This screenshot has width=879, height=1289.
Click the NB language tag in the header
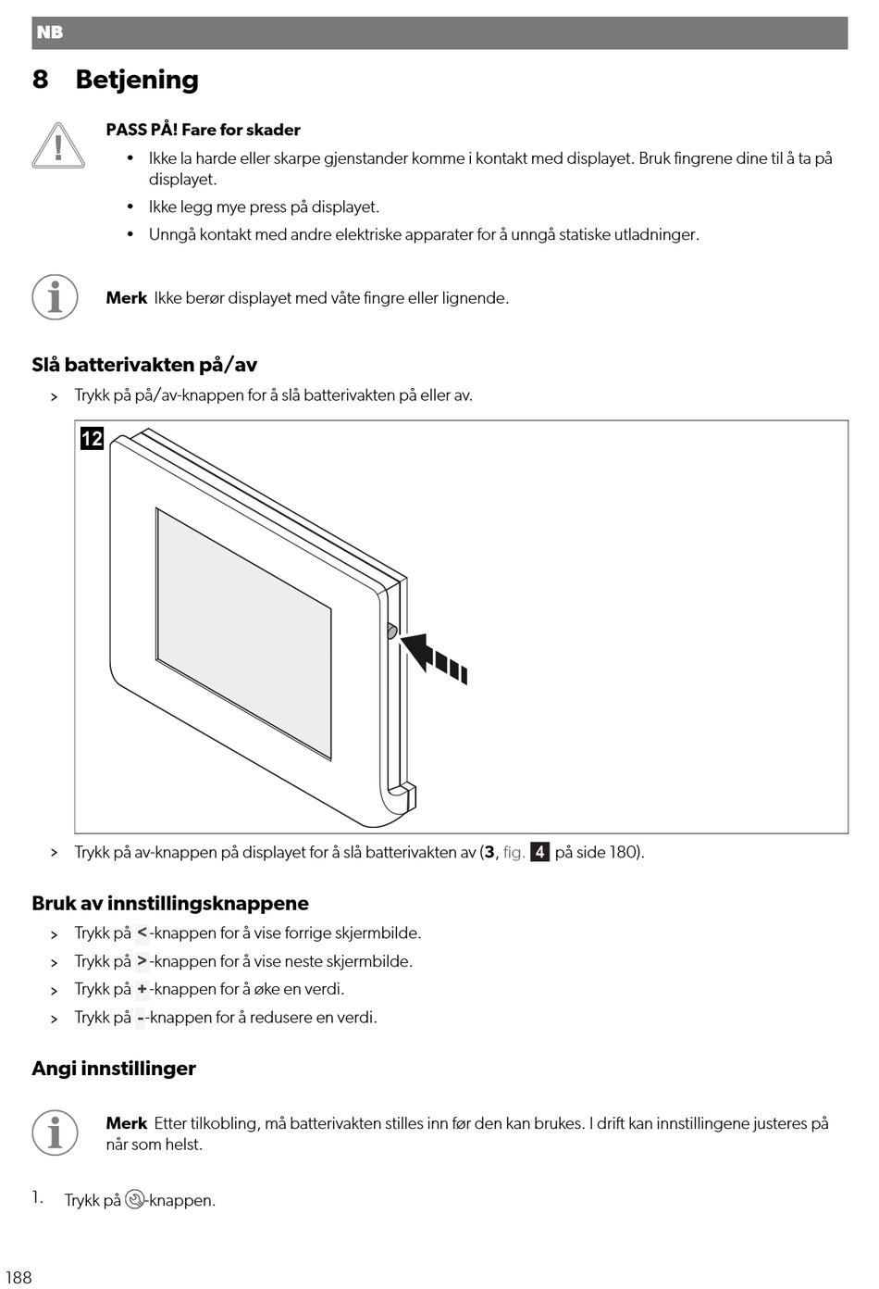click(x=49, y=32)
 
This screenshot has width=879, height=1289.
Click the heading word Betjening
click(x=137, y=80)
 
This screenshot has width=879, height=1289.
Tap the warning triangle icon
click(x=57, y=147)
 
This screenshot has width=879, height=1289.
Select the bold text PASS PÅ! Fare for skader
click(x=203, y=130)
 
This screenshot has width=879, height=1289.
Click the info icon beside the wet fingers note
click(x=55, y=297)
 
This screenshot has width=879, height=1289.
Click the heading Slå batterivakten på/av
click(x=144, y=365)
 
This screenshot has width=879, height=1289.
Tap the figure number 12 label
click(x=92, y=438)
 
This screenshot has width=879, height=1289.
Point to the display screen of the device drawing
click(x=243, y=632)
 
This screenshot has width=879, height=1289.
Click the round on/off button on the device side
click(x=390, y=632)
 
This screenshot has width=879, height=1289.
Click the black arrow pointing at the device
click(x=434, y=654)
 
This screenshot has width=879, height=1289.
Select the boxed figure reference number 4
click(x=539, y=852)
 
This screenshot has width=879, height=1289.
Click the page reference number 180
click(x=622, y=852)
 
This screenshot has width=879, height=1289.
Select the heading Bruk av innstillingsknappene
click(x=170, y=904)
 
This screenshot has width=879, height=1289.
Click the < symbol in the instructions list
click(x=142, y=933)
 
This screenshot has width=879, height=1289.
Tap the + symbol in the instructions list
click(x=142, y=989)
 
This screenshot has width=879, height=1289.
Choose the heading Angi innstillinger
click(x=114, y=1069)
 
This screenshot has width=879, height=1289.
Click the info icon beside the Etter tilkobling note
click(x=55, y=1133)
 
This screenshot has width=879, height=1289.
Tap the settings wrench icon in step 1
click(x=135, y=1200)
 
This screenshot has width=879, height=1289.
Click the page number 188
click(x=19, y=1278)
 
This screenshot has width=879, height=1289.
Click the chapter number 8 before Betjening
click(x=40, y=80)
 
